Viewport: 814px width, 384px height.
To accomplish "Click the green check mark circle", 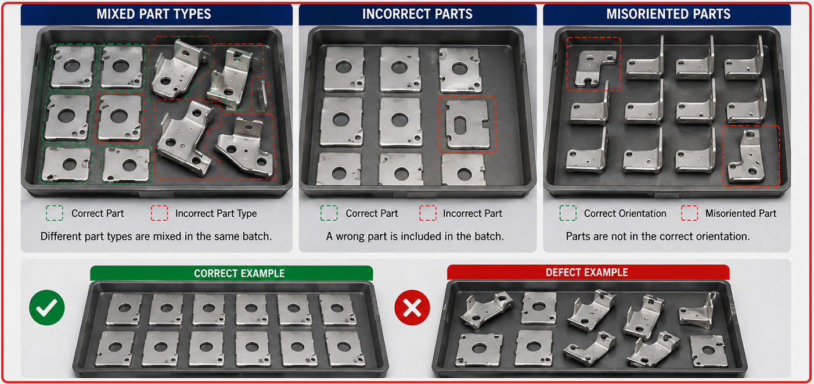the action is click(47, 307).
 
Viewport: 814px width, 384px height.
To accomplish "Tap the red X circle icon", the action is click(412, 307).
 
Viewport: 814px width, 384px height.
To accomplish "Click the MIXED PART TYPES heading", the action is click(154, 14).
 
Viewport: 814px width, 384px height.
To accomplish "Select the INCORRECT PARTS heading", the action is click(417, 14).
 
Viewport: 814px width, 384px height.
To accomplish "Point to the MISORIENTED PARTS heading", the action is click(668, 14).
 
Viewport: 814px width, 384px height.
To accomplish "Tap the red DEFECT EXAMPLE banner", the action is click(588, 272).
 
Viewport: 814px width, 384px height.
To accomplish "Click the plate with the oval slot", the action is click(467, 124).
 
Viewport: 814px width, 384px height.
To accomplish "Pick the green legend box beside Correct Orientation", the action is click(568, 213).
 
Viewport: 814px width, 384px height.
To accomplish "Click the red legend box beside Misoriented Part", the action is click(689, 213).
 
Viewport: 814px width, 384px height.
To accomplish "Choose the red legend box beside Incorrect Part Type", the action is click(160, 213).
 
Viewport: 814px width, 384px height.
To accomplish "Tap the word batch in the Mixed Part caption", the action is click(257, 236).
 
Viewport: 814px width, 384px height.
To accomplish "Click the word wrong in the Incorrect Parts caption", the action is click(351, 236).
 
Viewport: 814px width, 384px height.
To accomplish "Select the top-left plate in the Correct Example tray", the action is click(124, 310).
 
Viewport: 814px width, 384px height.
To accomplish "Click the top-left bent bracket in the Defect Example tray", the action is click(487, 309).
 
